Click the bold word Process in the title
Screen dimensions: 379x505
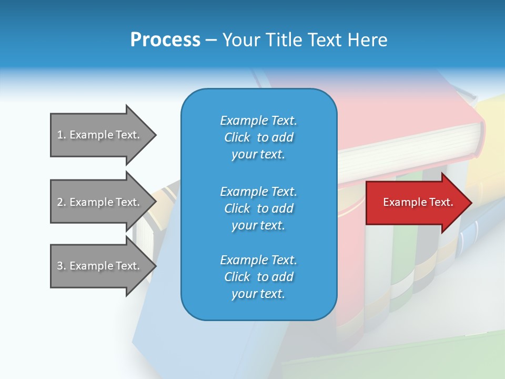click(x=165, y=40)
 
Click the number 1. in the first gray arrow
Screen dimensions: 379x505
click(x=62, y=135)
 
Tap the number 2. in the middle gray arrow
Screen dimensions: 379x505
click(x=62, y=202)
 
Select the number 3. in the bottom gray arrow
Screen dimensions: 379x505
click(x=62, y=266)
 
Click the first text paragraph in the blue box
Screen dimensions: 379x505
click(x=258, y=137)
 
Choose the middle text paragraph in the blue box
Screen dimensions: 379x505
click(x=258, y=208)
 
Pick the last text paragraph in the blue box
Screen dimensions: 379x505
click(x=258, y=277)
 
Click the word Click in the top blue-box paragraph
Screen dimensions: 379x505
click(x=237, y=137)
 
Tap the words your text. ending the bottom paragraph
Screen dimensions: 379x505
click(x=258, y=294)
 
